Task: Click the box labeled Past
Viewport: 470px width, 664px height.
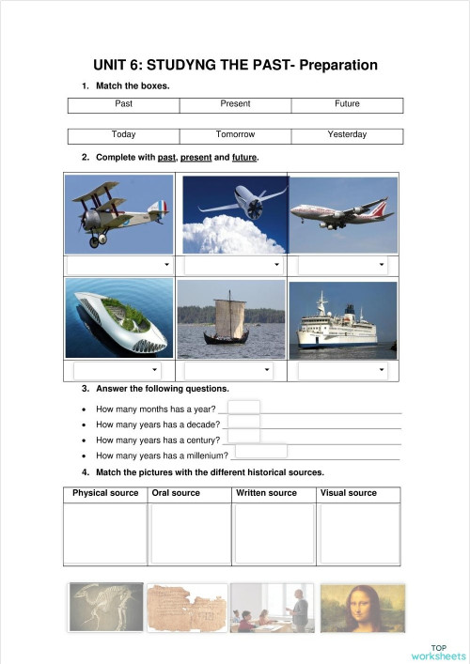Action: [123, 103]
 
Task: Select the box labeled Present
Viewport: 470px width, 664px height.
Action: [235, 103]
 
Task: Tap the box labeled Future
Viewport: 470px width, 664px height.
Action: [347, 103]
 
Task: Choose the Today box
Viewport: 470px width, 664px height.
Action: [123, 135]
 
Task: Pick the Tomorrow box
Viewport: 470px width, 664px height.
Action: [235, 135]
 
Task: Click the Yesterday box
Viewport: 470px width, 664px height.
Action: [347, 135]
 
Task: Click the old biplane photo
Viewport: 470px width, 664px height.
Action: [120, 215]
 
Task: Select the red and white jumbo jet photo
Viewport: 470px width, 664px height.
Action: [343, 215]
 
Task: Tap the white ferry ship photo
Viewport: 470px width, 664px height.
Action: [343, 320]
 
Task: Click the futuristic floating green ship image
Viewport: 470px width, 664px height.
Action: [120, 320]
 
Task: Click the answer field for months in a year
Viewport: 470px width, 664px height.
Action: [244, 408]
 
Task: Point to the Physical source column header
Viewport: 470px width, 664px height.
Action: [105, 493]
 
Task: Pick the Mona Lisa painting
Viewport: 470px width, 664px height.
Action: [362, 608]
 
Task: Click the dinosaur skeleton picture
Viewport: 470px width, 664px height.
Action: [106, 608]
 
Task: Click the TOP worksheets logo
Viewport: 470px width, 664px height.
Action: [438, 652]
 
